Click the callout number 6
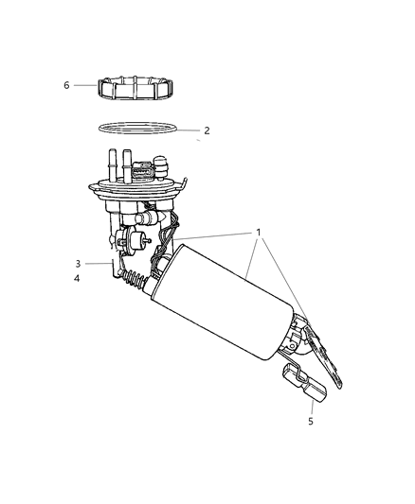[x=66, y=85]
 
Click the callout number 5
[x=310, y=421]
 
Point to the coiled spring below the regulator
[x=138, y=281]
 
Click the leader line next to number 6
[x=84, y=85]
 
